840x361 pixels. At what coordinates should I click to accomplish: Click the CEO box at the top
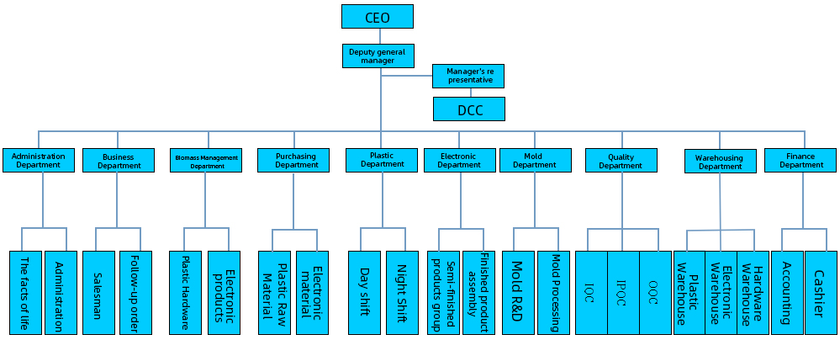pyautogui.click(x=378, y=17)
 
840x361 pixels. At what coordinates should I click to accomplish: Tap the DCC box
pyautogui.click(x=469, y=109)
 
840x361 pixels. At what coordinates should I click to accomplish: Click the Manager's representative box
pyautogui.click(x=469, y=76)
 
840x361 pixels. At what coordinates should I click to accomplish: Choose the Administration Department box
pyautogui.click(x=39, y=160)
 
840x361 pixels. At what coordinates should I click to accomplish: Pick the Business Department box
pyautogui.click(x=119, y=160)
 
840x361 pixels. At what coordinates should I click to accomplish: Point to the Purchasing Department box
pyautogui.click(x=297, y=160)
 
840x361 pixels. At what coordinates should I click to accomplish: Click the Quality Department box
pyautogui.click(x=621, y=160)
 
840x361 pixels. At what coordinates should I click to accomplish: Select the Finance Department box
pyautogui.click(x=800, y=160)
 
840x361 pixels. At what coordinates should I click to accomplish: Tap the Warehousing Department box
pyautogui.click(x=720, y=161)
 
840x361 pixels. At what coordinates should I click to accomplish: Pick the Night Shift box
pyautogui.click(x=402, y=292)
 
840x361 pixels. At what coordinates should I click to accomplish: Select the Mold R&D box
pyautogui.click(x=517, y=292)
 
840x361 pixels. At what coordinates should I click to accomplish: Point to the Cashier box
pyautogui.click(x=820, y=292)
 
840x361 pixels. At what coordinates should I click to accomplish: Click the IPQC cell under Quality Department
pyautogui.click(x=623, y=292)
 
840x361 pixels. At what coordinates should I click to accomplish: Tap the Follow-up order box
pyautogui.click(x=135, y=292)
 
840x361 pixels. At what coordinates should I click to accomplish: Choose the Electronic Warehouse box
pyautogui.click(x=721, y=292)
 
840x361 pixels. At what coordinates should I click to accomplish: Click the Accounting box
pyautogui.click(x=786, y=292)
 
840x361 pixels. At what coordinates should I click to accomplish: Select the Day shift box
pyautogui.click(x=364, y=292)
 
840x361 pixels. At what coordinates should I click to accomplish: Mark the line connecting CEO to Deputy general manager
pyautogui.click(x=380, y=36)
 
